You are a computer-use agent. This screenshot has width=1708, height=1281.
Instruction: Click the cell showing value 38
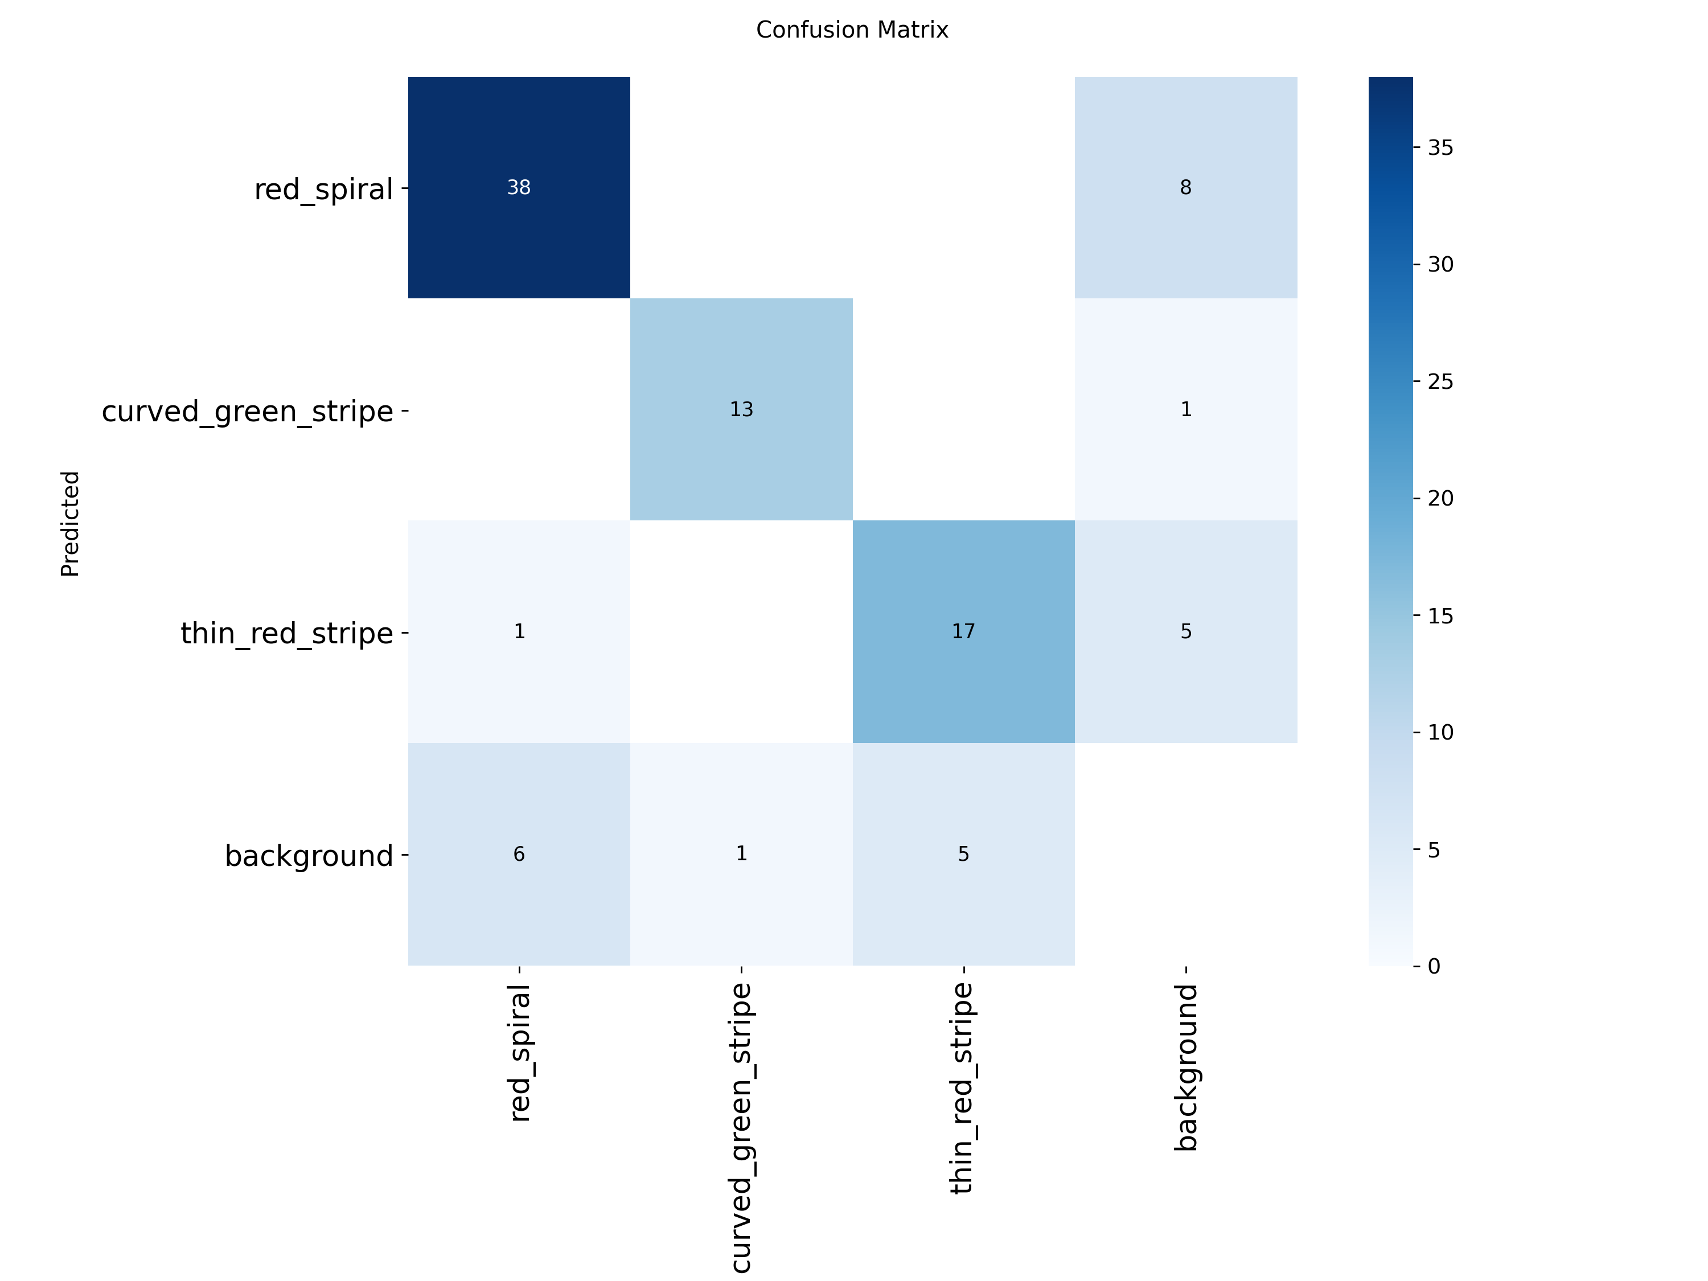point(519,188)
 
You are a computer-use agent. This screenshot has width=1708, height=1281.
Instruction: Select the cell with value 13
point(741,409)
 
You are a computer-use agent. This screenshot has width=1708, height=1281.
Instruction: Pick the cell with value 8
point(1185,188)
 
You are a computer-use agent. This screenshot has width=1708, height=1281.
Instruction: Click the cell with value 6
point(519,854)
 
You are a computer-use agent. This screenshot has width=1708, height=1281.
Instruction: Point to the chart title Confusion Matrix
point(852,30)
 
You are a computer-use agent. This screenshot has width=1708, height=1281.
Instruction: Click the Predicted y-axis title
point(70,524)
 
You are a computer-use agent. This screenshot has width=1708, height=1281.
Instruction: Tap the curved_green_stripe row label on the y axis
point(247,412)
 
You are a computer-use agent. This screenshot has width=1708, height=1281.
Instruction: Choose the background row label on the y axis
point(309,856)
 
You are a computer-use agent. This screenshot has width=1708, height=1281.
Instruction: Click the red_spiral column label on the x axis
point(520,1053)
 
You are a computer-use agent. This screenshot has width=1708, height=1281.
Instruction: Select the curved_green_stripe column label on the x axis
point(741,1127)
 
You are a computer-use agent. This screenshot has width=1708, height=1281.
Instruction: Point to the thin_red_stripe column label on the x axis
point(963,1089)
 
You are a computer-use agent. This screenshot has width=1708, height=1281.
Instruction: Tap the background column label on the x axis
point(1186,1068)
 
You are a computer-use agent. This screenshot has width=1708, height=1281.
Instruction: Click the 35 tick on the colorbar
point(1440,147)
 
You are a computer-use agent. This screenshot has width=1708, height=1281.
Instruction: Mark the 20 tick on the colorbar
point(1440,498)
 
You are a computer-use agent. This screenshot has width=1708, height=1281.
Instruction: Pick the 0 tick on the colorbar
point(1434,966)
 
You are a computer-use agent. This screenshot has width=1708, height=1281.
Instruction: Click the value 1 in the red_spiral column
point(519,631)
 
